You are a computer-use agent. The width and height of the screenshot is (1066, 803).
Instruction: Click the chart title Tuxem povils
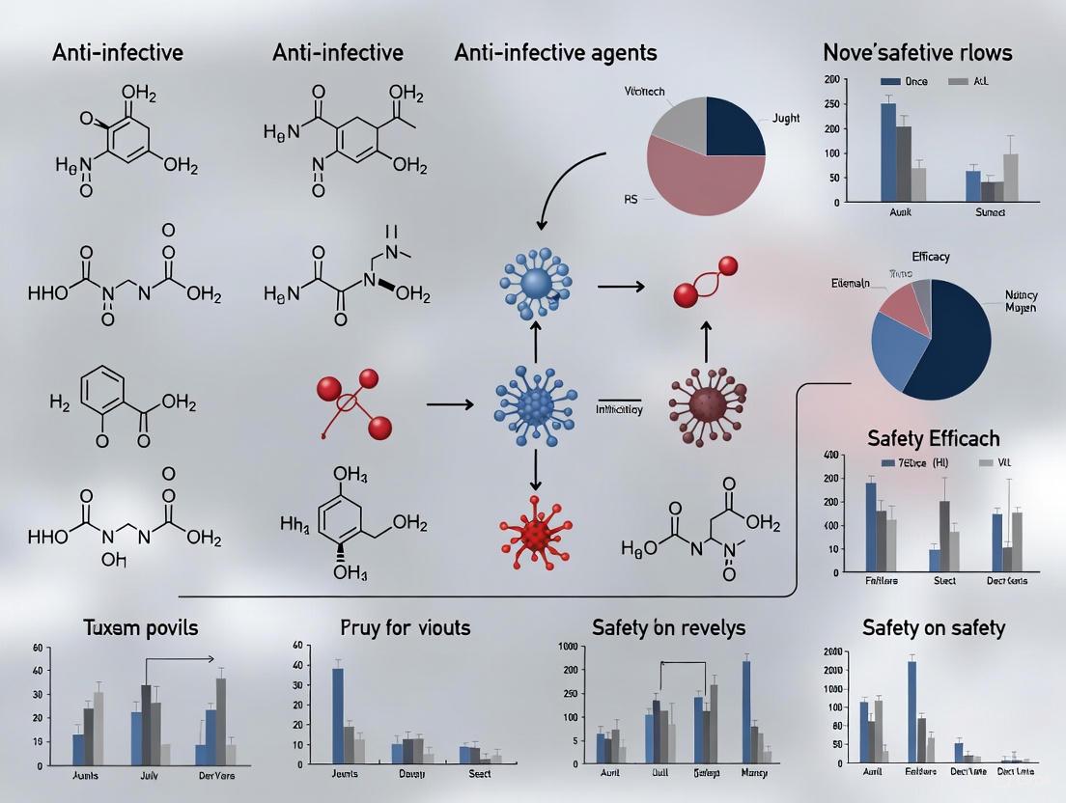point(141,628)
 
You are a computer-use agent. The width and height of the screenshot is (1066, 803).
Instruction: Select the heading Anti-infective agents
point(555,52)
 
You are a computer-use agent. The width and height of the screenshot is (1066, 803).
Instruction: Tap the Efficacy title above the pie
point(931,257)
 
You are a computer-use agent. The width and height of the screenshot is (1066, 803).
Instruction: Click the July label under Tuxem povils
point(148,774)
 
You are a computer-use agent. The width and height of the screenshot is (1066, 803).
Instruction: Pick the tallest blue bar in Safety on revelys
point(746,710)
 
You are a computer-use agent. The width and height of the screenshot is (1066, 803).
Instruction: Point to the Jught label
point(787,119)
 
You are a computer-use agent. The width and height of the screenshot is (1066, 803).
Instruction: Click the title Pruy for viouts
point(406,628)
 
